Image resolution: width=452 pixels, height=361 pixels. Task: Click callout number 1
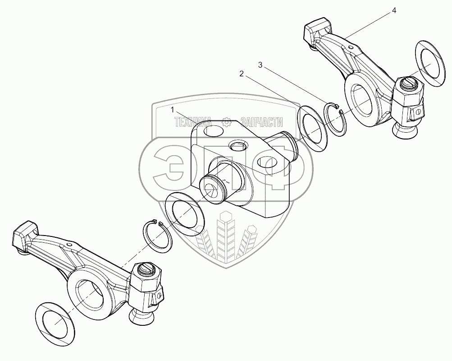(173, 110)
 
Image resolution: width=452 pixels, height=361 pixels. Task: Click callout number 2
(242, 74)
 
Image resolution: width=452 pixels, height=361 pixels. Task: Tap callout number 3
(260, 65)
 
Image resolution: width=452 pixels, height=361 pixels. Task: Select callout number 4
(394, 11)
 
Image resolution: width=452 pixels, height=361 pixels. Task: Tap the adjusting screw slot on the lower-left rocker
(146, 269)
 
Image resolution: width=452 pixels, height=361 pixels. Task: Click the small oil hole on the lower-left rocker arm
(68, 244)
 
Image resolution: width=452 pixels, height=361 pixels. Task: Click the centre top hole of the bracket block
(237, 145)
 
